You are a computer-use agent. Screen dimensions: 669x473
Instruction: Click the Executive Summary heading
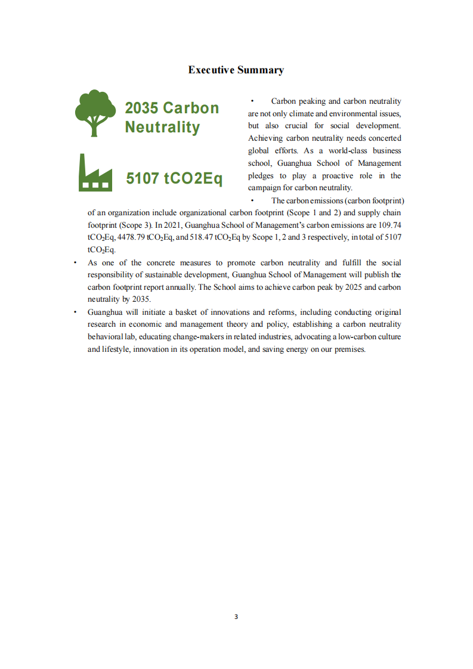(x=236, y=70)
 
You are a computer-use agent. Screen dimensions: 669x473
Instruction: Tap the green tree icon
(x=95, y=113)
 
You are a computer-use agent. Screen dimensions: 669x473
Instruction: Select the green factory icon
(x=95, y=172)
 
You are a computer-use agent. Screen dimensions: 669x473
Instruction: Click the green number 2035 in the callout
(x=141, y=108)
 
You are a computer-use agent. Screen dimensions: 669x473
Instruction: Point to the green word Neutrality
(x=162, y=127)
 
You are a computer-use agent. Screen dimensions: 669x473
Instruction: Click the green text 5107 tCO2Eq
(x=174, y=178)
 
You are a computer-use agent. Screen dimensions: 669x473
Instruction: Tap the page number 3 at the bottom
(x=236, y=617)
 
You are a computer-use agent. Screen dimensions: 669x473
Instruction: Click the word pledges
(x=261, y=175)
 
